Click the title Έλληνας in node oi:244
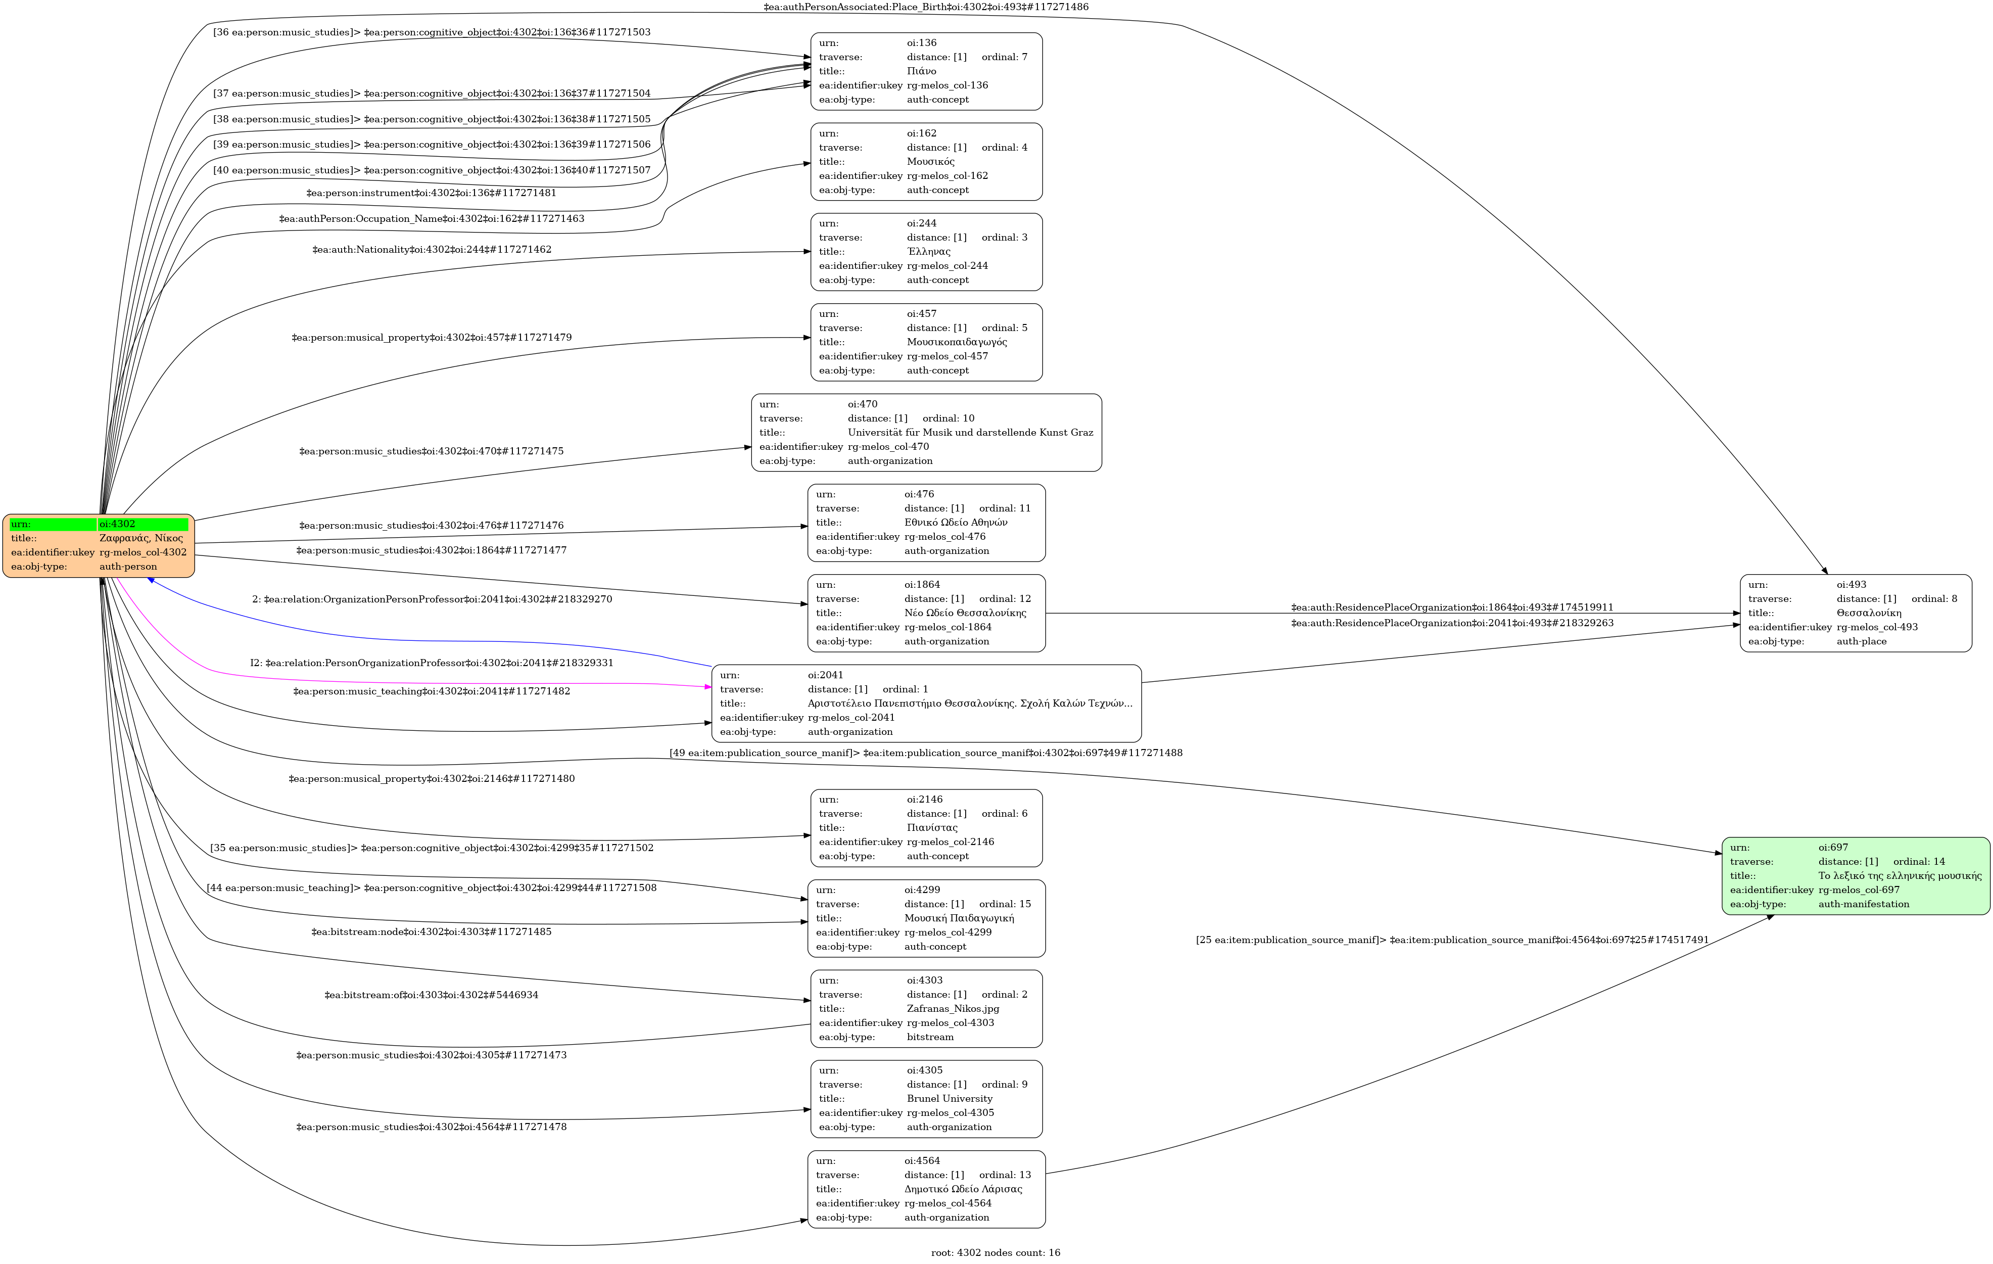tap(929, 252)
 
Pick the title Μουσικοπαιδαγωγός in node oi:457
tap(957, 342)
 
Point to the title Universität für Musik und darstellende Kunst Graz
tap(970, 432)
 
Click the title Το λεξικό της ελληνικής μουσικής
tap(1900, 876)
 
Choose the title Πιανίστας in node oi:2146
tap(932, 828)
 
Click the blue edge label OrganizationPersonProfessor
tap(432, 599)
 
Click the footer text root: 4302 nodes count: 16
tap(995, 1252)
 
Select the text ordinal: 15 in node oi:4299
tap(1005, 904)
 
